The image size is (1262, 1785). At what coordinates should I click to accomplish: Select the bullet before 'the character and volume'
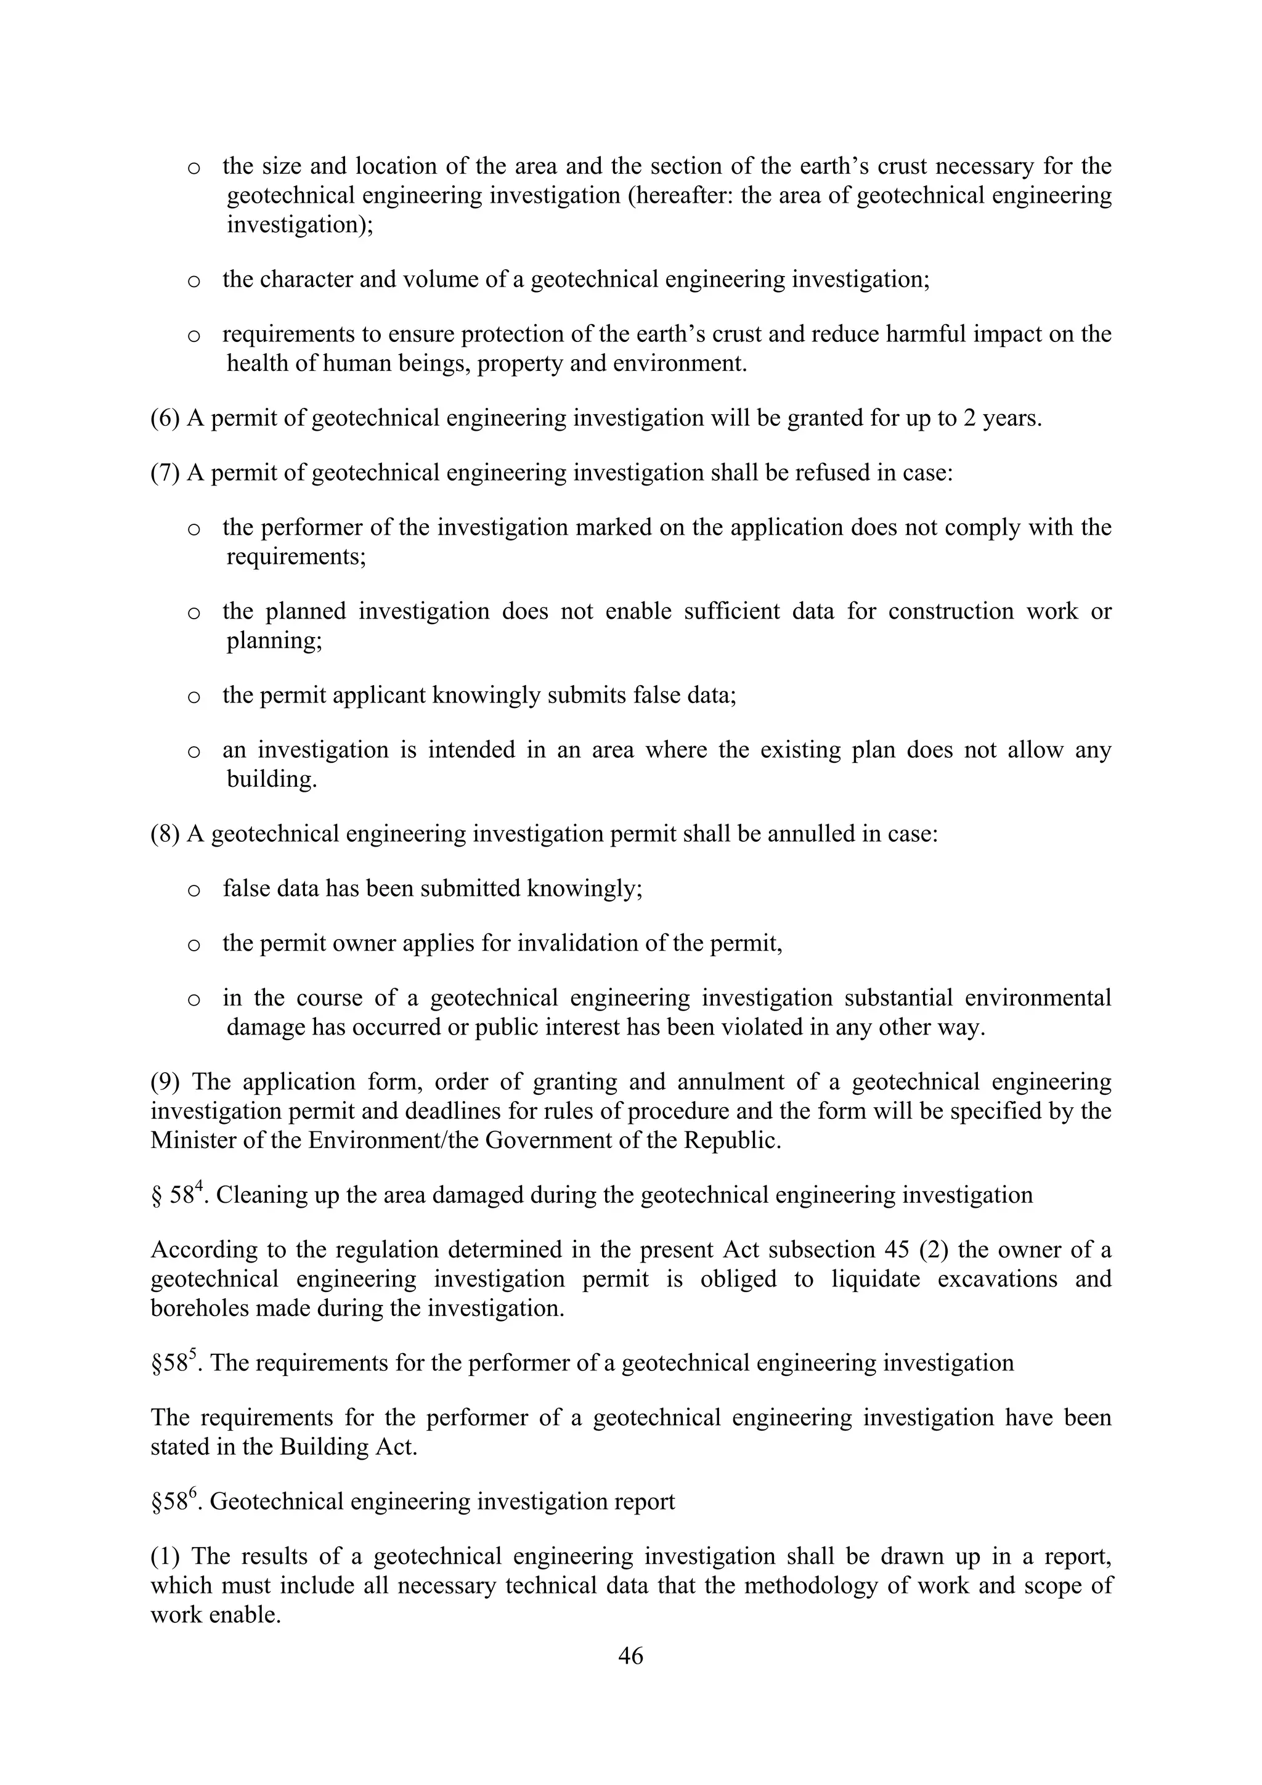coord(194,280)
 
